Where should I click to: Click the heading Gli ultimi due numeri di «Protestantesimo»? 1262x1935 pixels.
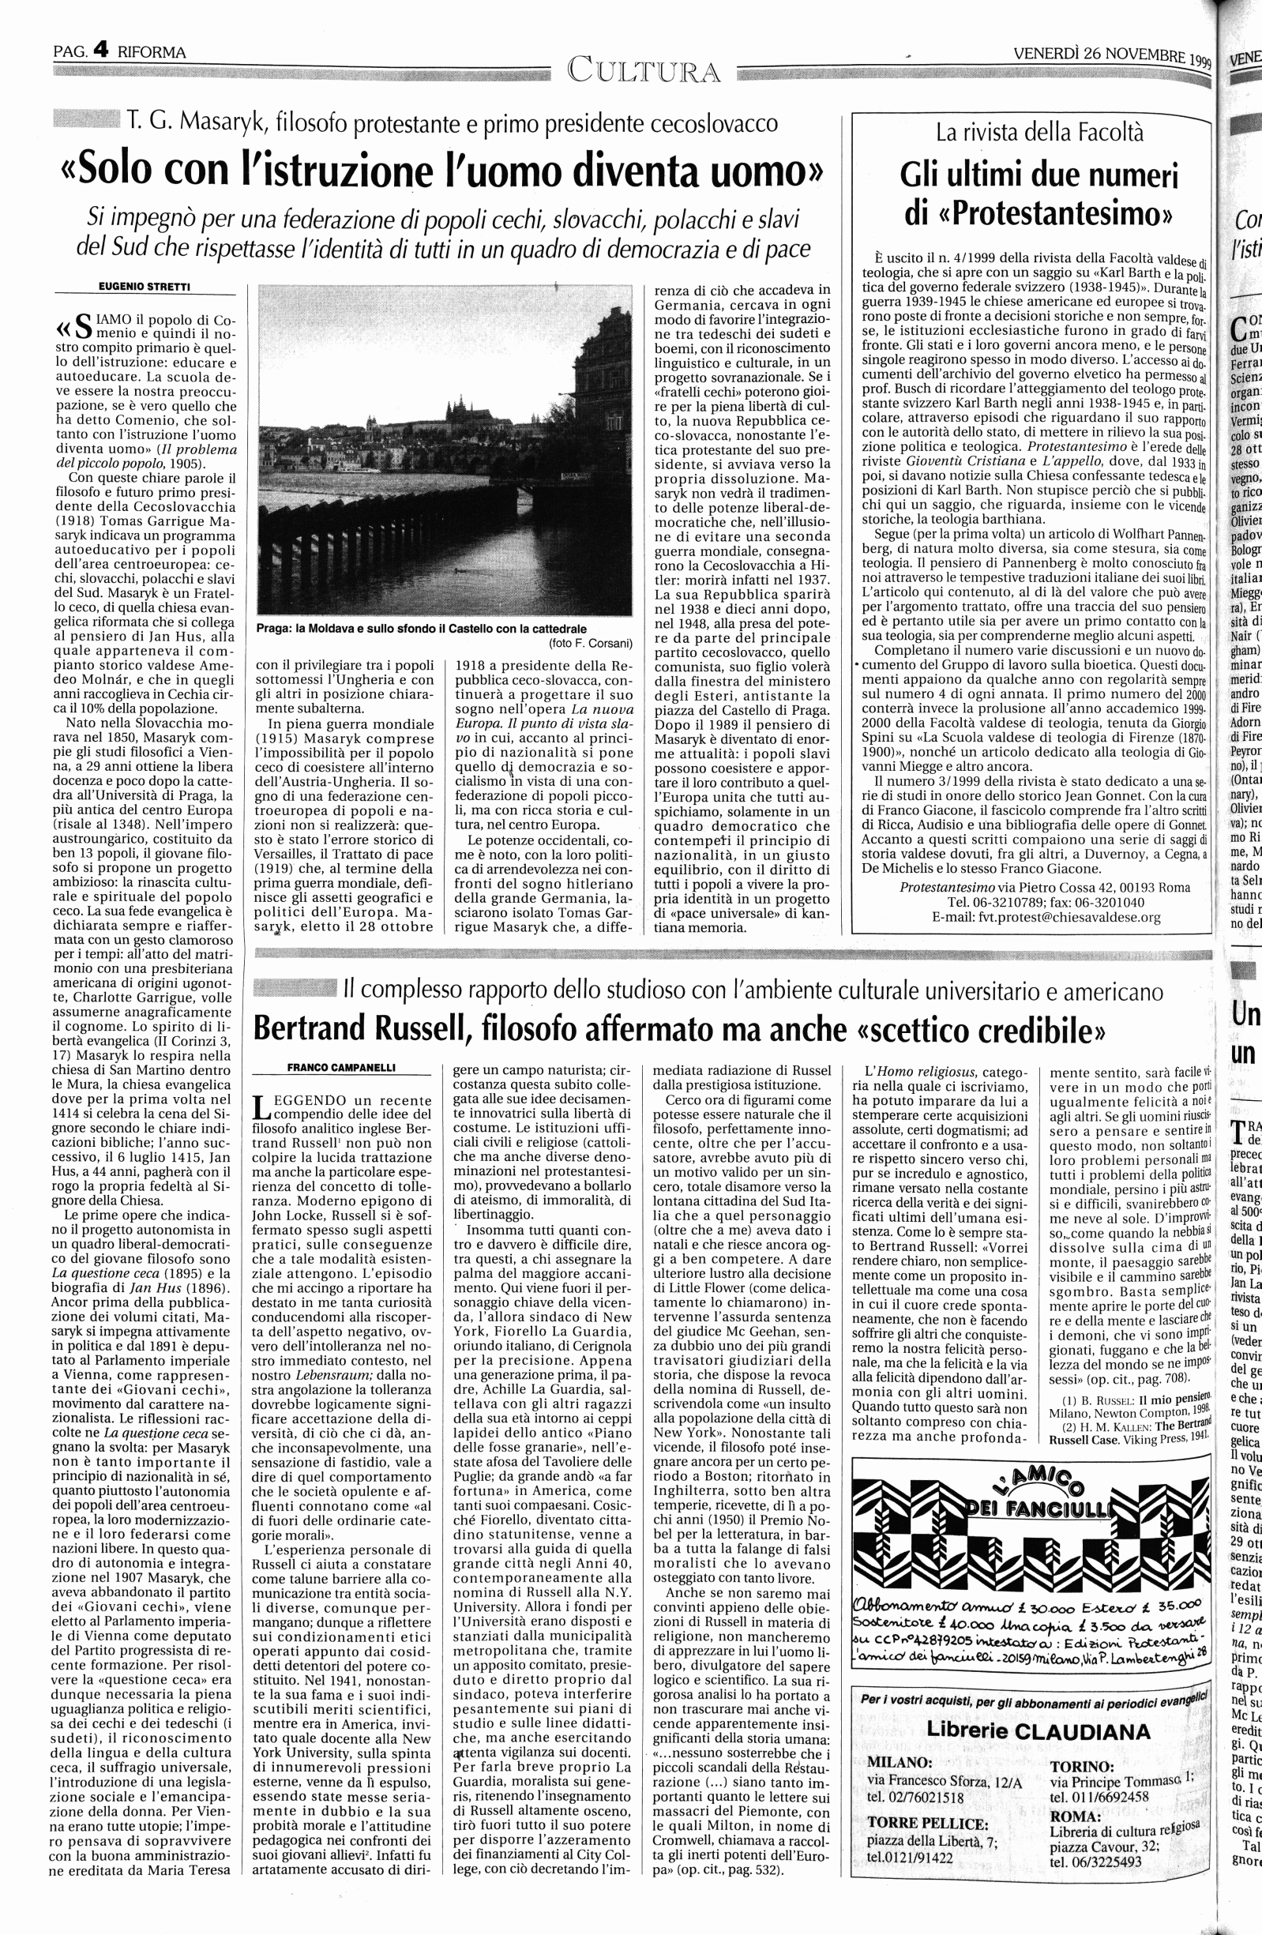coord(1039,193)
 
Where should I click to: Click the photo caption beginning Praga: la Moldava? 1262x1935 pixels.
coord(420,628)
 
